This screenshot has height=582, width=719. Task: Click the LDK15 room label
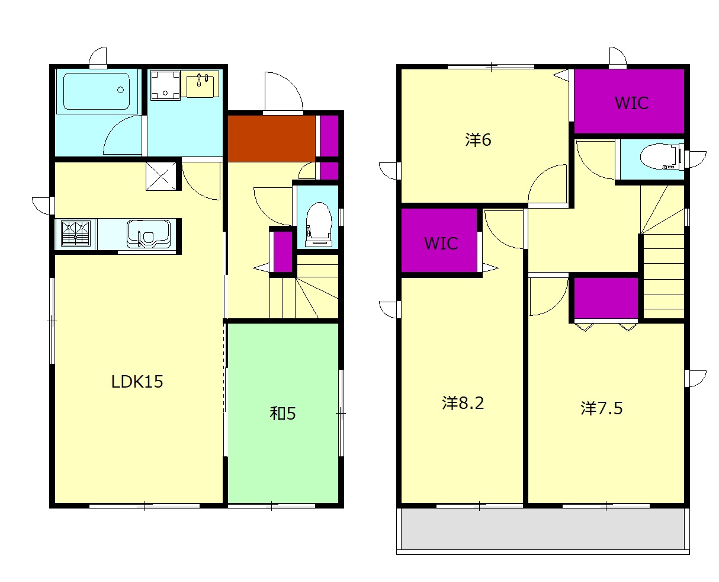click(137, 381)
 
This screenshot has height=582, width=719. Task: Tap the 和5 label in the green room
click(282, 413)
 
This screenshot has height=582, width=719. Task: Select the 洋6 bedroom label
click(477, 139)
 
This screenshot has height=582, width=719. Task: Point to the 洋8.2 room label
click(463, 402)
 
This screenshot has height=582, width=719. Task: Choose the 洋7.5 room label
click(601, 408)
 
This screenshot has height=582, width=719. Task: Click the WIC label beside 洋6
click(631, 103)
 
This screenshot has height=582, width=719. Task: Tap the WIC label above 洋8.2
click(441, 243)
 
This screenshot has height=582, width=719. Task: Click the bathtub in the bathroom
click(97, 91)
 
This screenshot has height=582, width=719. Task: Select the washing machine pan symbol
click(165, 85)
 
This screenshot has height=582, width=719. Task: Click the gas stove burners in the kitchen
click(76, 233)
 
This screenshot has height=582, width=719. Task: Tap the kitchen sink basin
click(148, 234)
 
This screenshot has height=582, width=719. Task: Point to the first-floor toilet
click(318, 224)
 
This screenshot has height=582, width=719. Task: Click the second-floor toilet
click(662, 156)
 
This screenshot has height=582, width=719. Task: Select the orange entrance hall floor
click(271, 139)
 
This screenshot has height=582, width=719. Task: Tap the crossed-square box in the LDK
click(161, 176)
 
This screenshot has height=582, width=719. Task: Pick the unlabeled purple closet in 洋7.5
click(605, 298)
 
